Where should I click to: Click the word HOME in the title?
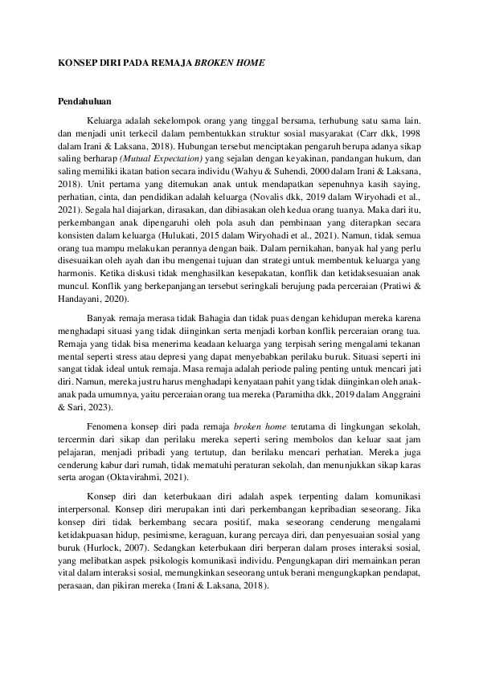point(249,62)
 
